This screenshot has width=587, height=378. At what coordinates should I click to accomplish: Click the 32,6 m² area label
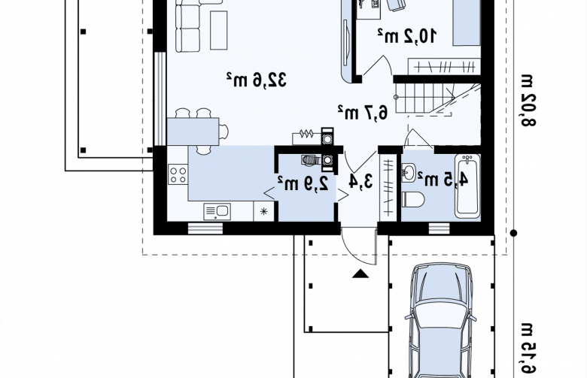pyautogui.click(x=257, y=80)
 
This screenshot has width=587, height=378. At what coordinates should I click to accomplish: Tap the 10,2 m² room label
pyautogui.click(x=406, y=36)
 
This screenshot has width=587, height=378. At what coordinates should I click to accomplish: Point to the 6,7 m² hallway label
pyautogui.click(x=363, y=112)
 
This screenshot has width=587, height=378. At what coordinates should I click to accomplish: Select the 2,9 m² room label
pyautogui.click(x=303, y=183)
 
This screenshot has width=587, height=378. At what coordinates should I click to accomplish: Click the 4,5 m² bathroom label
pyautogui.click(x=443, y=180)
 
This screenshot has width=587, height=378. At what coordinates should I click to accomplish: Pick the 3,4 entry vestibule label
pyautogui.click(x=361, y=181)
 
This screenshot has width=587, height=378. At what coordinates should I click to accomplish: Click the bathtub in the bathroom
pyautogui.click(x=467, y=186)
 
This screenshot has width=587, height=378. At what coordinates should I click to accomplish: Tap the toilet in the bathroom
pyautogui.click(x=413, y=199)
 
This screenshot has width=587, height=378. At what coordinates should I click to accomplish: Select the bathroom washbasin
pyautogui.click(x=409, y=173)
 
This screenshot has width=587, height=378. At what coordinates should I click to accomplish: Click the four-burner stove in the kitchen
pyautogui.click(x=178, y=174)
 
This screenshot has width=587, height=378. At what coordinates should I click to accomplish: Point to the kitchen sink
pyautogui.click(x=217, y=212)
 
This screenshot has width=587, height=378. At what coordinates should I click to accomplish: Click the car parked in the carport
pyautogui.click(x=440, y=321)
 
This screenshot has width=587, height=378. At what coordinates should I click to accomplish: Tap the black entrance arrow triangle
pyautogui.click(x=360, y=274)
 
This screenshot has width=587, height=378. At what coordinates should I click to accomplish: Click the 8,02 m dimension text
pyautogui.click(x=527, y=101)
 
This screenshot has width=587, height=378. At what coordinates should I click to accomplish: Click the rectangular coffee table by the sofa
pyautogui.click(x=219, y=30)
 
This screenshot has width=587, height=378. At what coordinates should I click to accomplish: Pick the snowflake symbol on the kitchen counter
pyautogui.click(x=264, y=212)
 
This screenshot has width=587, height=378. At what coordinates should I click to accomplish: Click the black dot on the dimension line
pyautogui.click(x=513, y=233)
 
